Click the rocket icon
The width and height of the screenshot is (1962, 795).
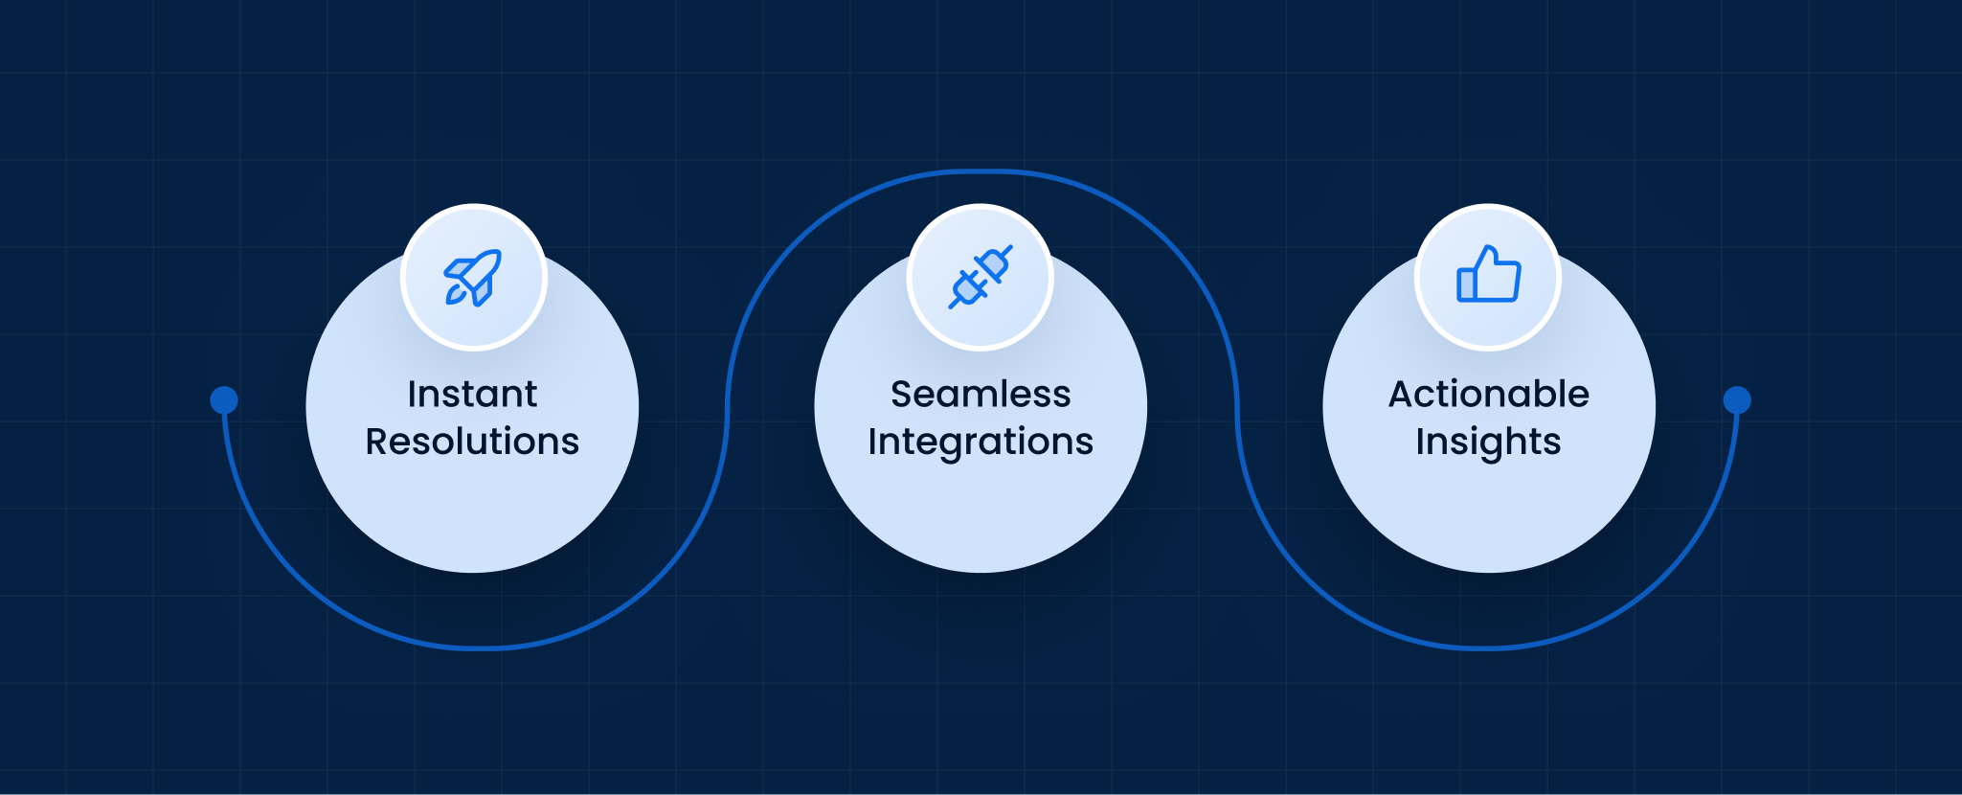[x=472, y=278]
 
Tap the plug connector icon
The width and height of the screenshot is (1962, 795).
[x=981, y=277]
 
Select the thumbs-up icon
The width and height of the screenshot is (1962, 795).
[x=1488, y=274]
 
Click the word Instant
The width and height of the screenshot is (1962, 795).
[x=472, y=394]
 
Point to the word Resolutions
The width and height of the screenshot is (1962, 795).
[x=472, y=442]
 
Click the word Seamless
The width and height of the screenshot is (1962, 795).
[x=981, y=394]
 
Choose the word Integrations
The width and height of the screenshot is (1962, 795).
[x=981, y=443]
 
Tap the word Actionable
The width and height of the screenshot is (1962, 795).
[x=1489, y=394]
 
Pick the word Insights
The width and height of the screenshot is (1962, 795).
[x=1489, y=443]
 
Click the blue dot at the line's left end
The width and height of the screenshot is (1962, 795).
[x=224, y=399]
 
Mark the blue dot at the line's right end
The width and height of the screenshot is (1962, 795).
[x=1737, y=399]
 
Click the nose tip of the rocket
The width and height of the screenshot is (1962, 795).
[x=499, y=252]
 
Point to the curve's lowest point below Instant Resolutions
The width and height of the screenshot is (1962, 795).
[x=476, y=648]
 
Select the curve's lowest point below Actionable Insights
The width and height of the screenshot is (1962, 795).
[x=1486, y=648]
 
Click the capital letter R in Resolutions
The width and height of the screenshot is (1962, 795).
[x=378, y=442]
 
